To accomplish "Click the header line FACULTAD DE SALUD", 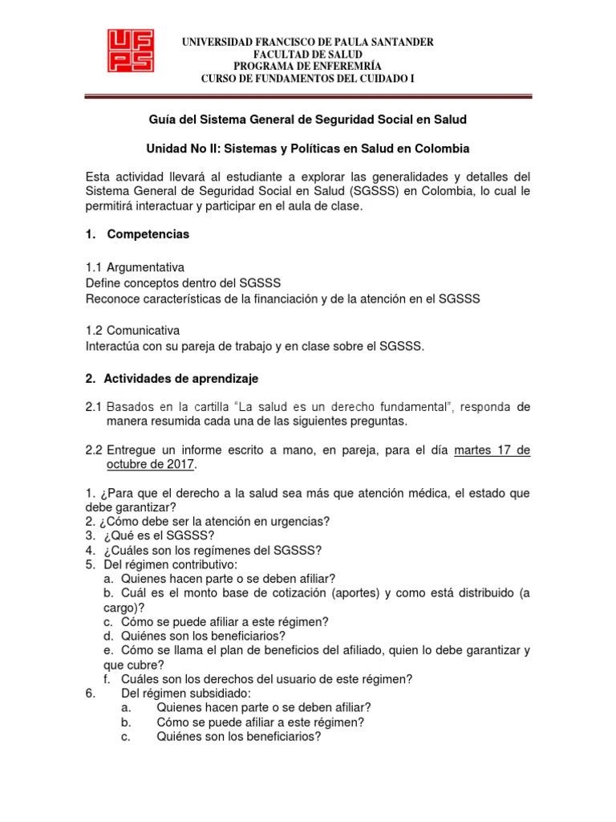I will [307, 53].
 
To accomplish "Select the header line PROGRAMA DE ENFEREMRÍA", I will [307, 65].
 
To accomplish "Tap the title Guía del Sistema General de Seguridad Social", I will [307, 120].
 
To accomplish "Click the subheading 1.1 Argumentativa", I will [135, 267].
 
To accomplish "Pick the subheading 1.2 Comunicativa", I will [132, 331].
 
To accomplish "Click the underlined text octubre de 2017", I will [151, 466].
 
